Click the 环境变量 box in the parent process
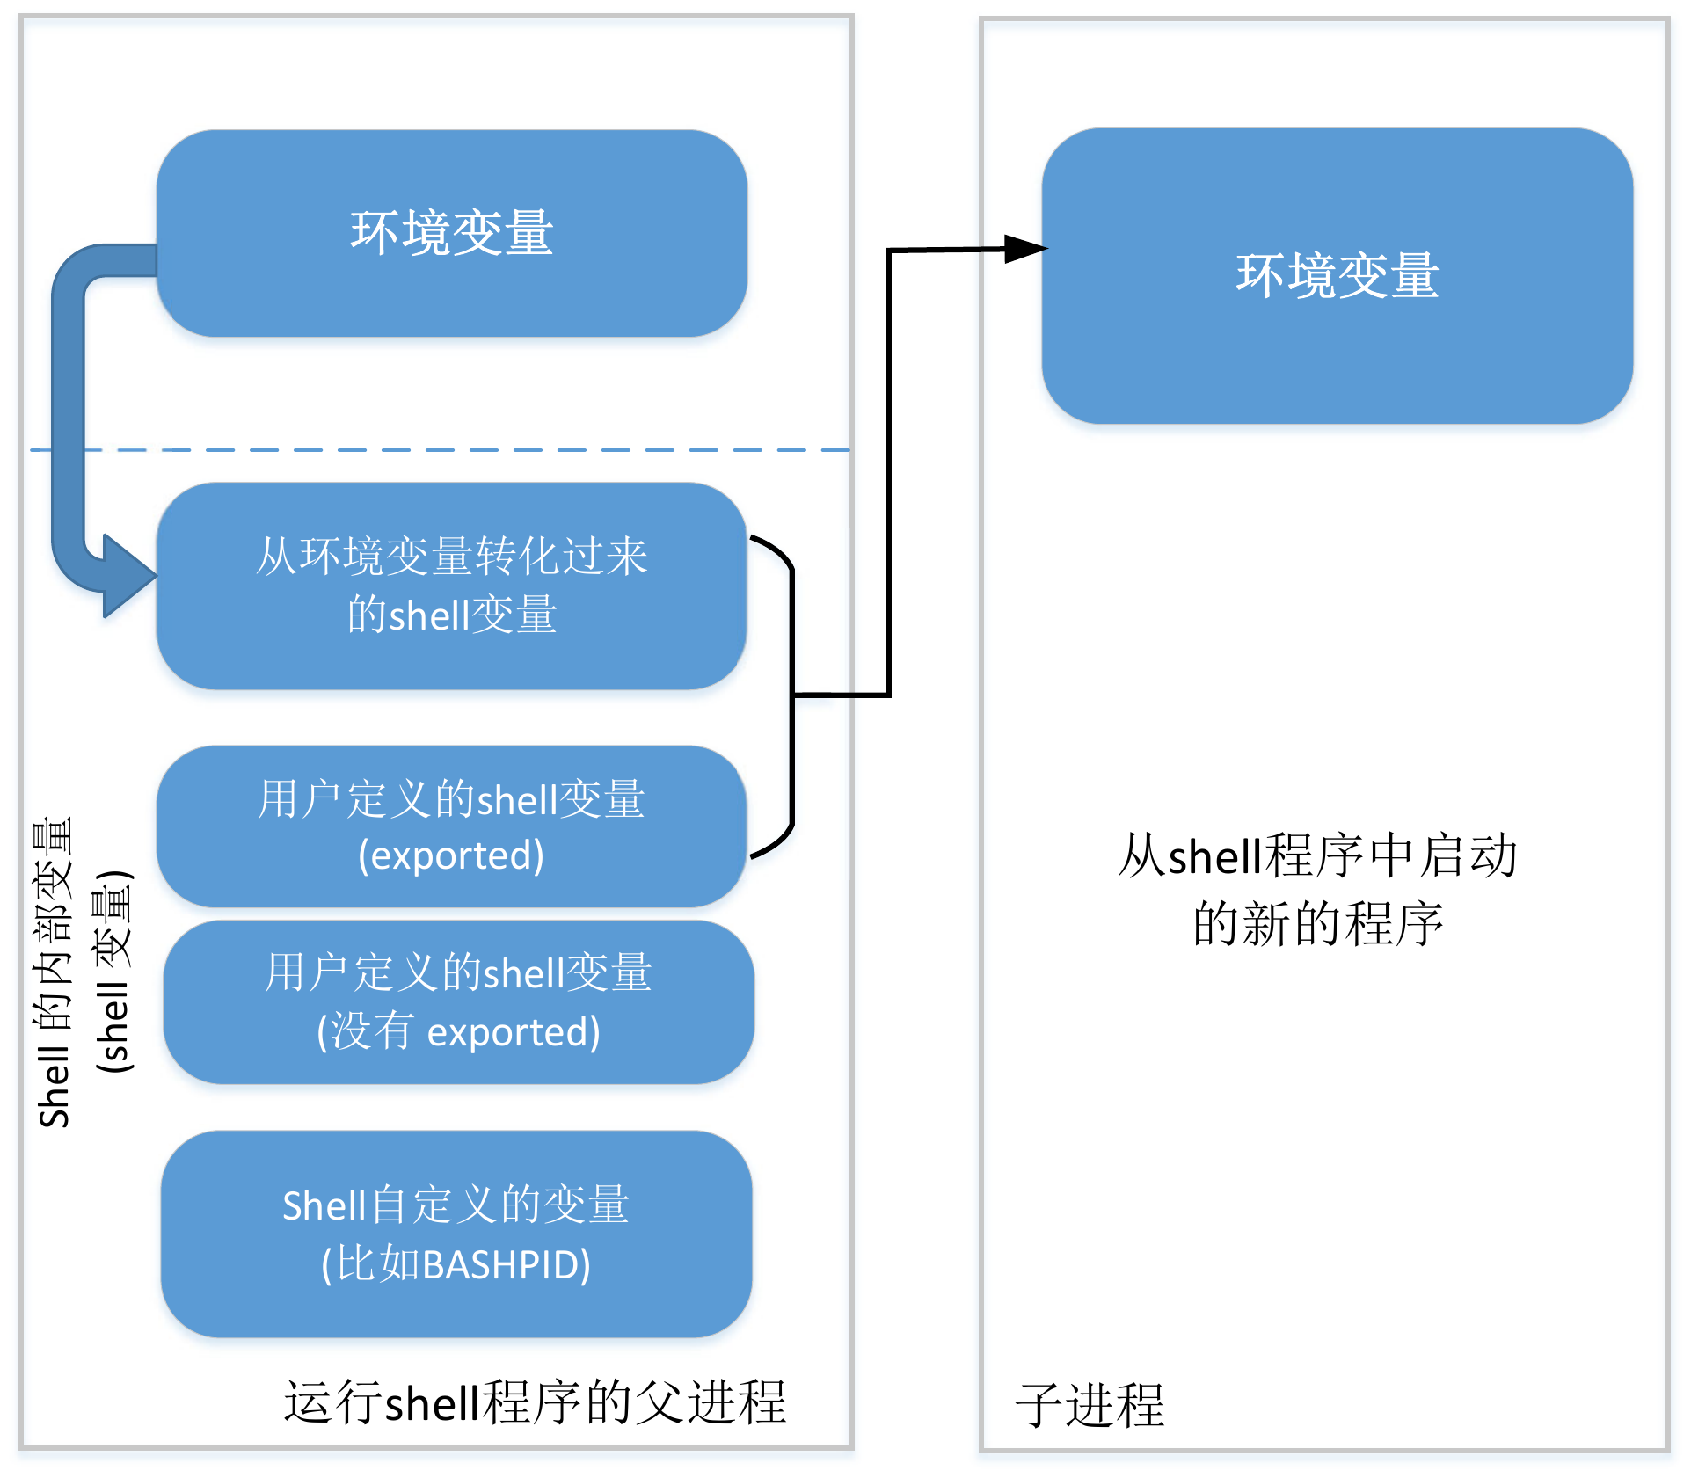451,233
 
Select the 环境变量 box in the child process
1337,275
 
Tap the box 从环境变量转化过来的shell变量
451,584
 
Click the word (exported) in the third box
451,855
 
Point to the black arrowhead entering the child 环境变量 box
1024,249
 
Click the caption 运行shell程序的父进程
535,1402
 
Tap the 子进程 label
1090,1405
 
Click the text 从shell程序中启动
1316,855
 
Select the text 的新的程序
1316,924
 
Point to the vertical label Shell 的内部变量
53,972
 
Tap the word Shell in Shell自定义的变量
323,1205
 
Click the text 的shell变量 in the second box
451,614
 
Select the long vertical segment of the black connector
889,475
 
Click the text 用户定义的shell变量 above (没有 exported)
458,972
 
